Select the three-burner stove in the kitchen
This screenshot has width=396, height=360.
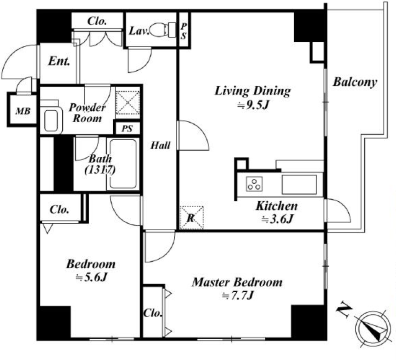point(254,183)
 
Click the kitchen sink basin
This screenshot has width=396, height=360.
point(299,185)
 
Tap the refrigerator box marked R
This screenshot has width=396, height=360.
point(192,218)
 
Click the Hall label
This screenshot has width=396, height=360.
point(160,146)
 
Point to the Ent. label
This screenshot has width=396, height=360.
point(59,61)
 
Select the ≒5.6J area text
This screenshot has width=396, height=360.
point(92,278)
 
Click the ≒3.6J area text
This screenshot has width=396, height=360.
point(277,219)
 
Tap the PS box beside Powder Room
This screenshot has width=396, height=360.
point(127,129)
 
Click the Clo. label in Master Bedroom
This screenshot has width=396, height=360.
point(152,313)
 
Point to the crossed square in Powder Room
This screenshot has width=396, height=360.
point(128,103)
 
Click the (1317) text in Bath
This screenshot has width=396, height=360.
point(100,170)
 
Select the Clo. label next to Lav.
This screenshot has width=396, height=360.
point(97,21)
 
